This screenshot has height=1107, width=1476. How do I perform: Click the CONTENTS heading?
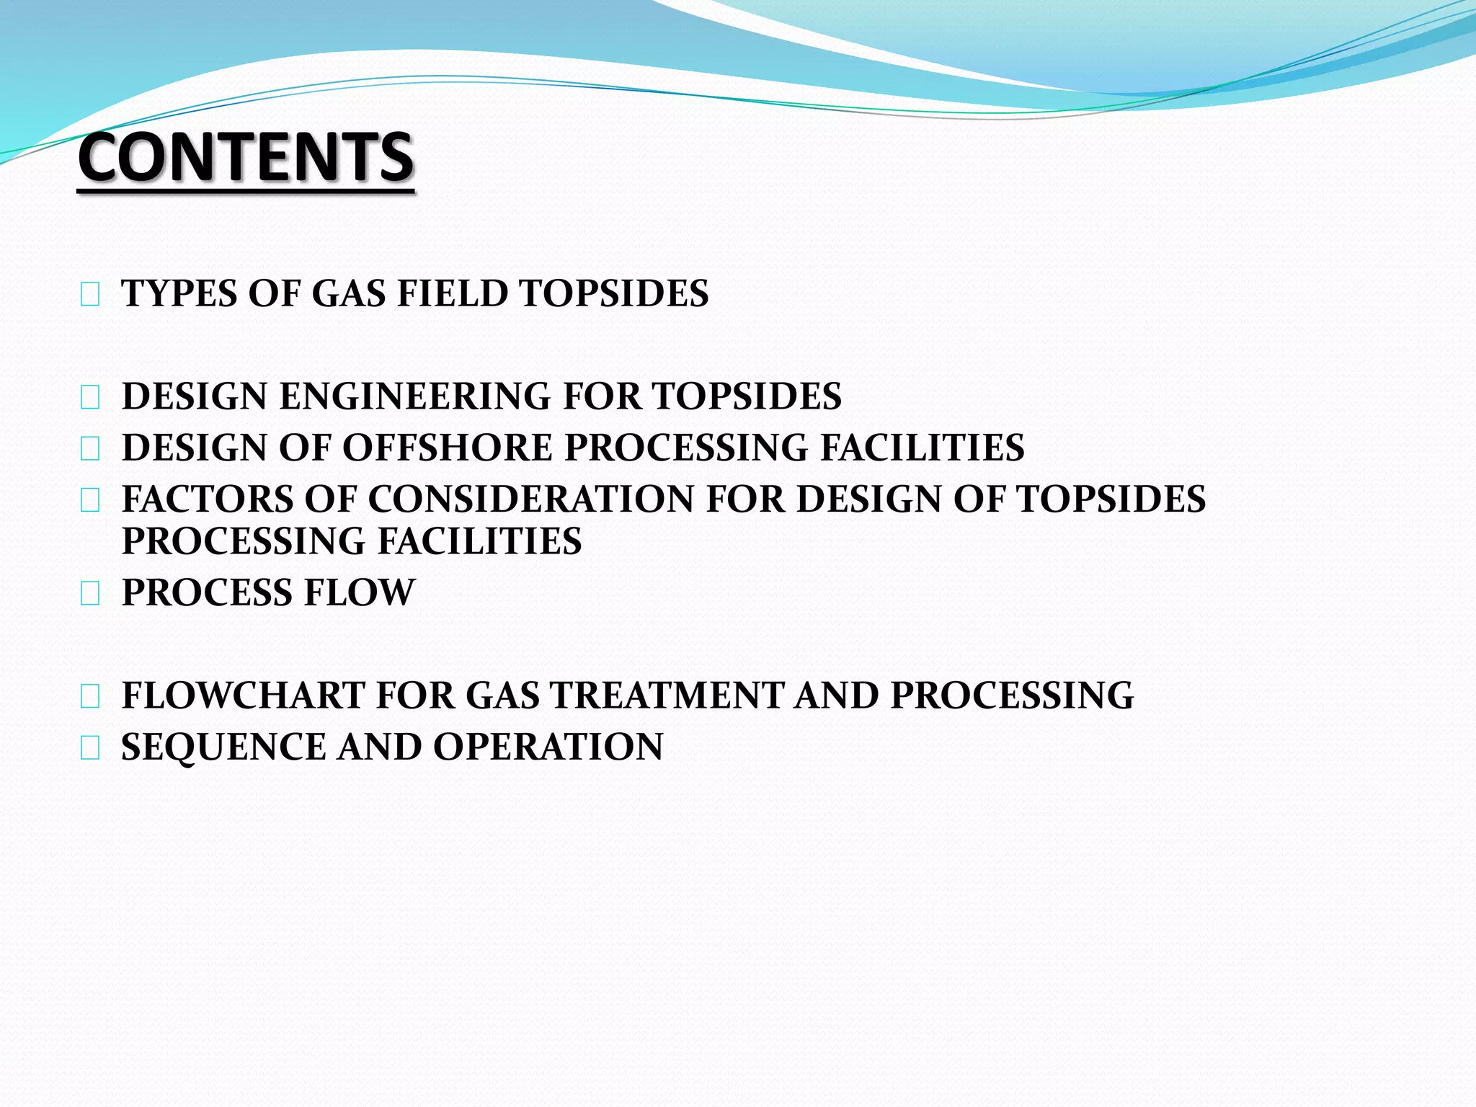click(x=246, y=157)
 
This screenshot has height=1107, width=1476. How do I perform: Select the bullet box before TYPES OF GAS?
click(x=90, y=295)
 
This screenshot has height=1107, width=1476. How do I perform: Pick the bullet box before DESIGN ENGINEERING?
click(x=90, y=398)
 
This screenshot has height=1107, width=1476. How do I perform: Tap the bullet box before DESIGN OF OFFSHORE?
click(x=90, y=449)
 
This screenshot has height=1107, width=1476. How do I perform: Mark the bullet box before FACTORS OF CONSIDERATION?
click(x=90, y=500)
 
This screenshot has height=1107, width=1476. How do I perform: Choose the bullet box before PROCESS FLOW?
click(x=90, y=595)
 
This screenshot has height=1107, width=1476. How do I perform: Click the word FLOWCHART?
click(x=243, y=696)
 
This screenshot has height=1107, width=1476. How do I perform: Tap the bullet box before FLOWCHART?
click(x=90, y=697)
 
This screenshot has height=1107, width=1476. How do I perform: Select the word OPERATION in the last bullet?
click(x=548, y=747)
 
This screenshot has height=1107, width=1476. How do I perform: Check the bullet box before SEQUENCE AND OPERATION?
click(x=90, y=749)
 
